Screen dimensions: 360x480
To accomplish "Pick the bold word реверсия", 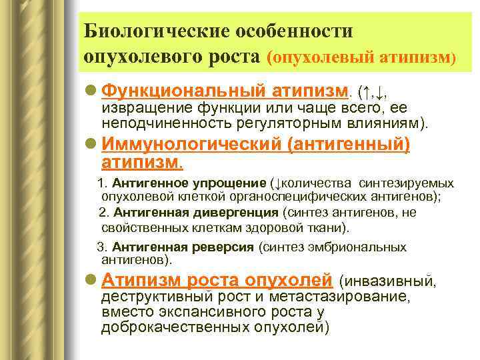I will [x=225, y=247].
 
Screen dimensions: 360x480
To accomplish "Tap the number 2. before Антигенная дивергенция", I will [x=104, y=213].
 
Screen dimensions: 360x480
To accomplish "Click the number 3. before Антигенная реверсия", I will [x=103, y=247].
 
